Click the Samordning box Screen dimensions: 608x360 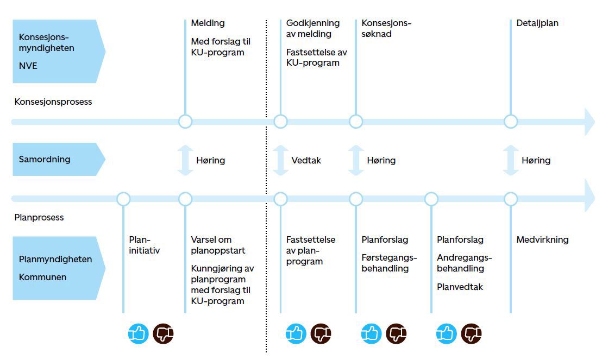tap(58, 159)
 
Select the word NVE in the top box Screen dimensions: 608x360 tap(28, 66)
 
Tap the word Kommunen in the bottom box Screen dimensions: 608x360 tap(43, 277)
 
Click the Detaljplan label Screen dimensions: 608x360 tap(537, 23)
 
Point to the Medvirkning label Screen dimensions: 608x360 tap(542, 240)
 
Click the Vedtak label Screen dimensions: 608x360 tap(306, 160)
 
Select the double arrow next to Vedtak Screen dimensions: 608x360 tap(280, 160)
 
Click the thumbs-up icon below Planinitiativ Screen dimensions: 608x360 tap(139, 333)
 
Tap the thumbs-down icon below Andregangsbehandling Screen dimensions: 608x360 tap(472, 333)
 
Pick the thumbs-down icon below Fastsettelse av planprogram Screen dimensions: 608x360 tap(321, 333)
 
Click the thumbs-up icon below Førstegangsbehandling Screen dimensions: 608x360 tap(372, 333)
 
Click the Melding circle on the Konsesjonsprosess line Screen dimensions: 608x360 tap(185, 122)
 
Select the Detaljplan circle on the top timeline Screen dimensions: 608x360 tap(511, 122)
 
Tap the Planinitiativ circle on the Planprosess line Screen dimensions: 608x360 tap(123, 199)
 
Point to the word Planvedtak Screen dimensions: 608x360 tap(460, 287)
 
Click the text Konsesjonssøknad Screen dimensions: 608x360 tap(387, 28)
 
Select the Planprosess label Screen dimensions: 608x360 tap(39, 217)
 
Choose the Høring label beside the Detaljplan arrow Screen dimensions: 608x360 tap(536, 160)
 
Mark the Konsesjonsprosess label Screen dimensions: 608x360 tap(53, 102)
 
